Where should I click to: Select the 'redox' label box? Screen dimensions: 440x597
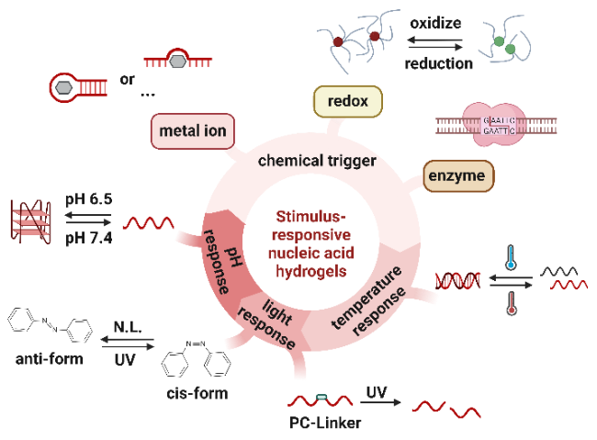coord(348,102)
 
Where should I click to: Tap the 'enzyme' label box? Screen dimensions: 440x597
coord(458,175)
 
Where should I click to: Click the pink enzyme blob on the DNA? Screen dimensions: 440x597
coord(495,124)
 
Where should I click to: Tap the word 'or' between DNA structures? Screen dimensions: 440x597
coord(128,79)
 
